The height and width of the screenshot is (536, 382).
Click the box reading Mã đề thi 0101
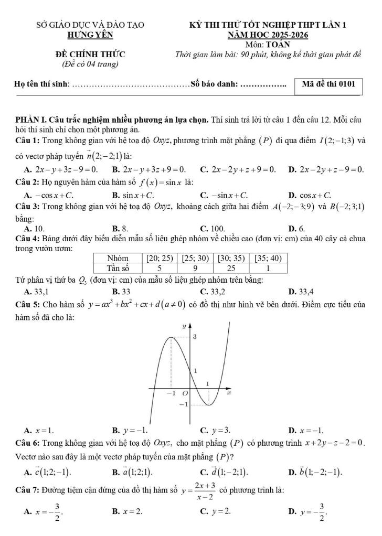click(x=328, y=83)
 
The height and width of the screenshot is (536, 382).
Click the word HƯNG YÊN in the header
click(x=90, y=35)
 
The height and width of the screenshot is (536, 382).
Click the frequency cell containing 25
click(x=231, y=267)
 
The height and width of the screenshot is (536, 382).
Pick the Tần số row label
click(x=118, y=267)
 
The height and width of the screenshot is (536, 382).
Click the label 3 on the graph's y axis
click(x=195, y=336)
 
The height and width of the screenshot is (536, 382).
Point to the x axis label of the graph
click(x=229, y=393)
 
